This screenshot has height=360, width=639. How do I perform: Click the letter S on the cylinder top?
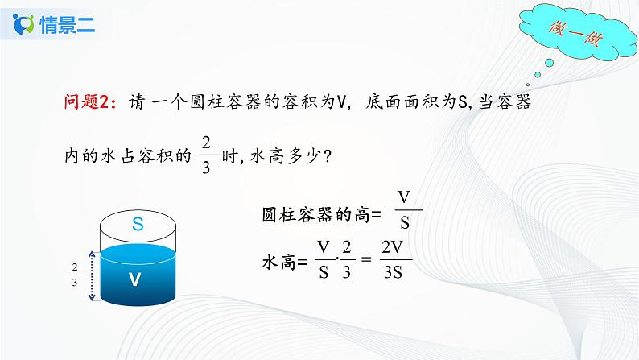tap(138, 226)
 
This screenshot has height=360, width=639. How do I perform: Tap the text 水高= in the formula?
tap(285, 262)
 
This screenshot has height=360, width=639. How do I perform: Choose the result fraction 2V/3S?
tap(394, 260)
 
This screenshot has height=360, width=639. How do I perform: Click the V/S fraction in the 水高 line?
tap(324, 260)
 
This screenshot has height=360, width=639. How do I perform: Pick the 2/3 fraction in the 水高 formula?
tap(346, 260)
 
